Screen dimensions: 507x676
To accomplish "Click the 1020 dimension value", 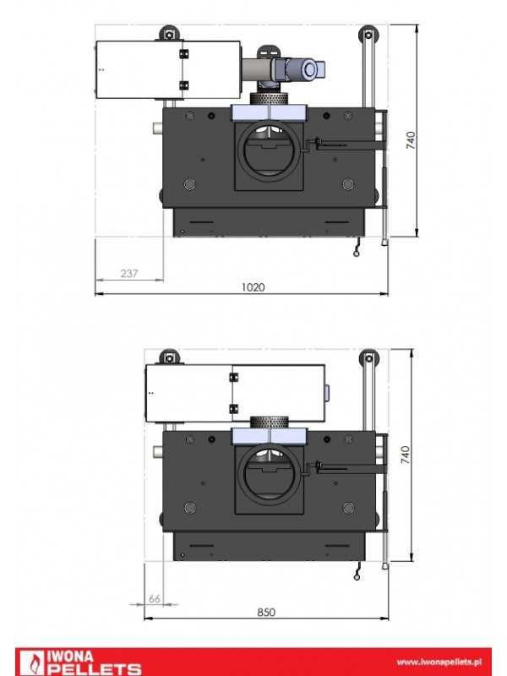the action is [253, 287].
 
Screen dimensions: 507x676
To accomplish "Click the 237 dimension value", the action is [129, 273].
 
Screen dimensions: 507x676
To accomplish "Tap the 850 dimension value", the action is [266, 612].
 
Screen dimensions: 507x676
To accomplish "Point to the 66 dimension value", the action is [155, 599].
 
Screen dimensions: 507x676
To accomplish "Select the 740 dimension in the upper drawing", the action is [411, 140].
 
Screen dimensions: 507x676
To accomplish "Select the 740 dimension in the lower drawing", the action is [406, 455].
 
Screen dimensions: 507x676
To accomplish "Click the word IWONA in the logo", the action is [69, 657].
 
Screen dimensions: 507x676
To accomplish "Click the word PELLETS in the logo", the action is [94, 669].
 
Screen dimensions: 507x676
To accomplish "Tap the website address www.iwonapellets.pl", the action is [439, 662].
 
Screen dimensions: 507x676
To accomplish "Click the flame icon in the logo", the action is [32, 663].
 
